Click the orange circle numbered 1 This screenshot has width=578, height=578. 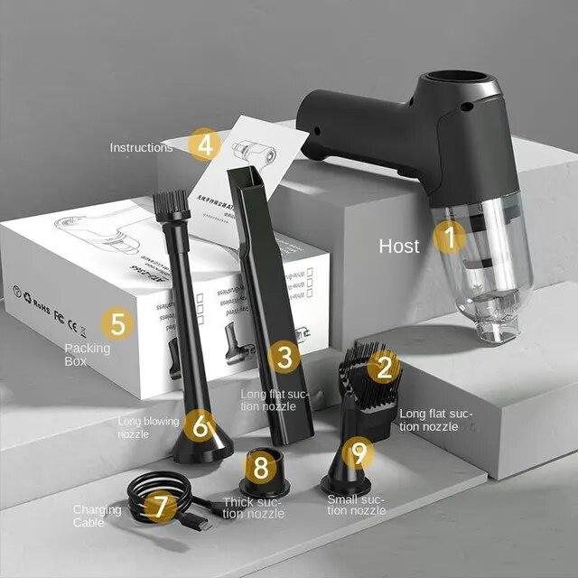(x=450, y=238)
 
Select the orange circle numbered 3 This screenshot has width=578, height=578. (x=284, y=357)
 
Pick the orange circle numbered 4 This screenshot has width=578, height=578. (x=205, y=144)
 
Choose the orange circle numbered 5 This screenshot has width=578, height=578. (x=117, y=322)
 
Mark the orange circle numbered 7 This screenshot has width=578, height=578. (x=161, y=506)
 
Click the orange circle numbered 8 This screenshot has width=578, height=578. (x=261, y=467)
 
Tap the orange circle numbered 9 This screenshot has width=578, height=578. (x=359, y=452)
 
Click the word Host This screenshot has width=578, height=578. (x=398, y=246)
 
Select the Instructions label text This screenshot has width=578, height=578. (x=141, y=147)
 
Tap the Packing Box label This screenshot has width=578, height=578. (x=88, y=354)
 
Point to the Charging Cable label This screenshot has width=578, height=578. (x=97, y=516)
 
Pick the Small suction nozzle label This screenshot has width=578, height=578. (x=357, y=504)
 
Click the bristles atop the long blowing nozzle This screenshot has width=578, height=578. (x=172, y=205)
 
